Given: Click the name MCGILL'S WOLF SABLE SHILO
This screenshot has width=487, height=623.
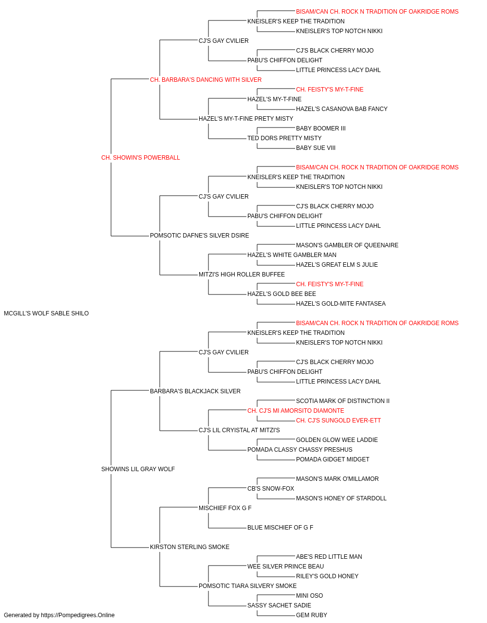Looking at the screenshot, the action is [x=46, y=313].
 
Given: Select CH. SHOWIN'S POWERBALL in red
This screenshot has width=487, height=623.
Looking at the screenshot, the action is [x=141, y=158].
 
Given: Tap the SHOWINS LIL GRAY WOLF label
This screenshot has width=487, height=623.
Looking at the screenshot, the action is [x=138, y=469].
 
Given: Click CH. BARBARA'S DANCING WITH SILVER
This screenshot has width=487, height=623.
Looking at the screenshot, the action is [x=206, y=80].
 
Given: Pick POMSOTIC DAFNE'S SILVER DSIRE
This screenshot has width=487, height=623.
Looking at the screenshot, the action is [x=199, y=236].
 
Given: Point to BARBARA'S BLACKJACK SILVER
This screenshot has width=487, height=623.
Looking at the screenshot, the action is [x=195, y=391].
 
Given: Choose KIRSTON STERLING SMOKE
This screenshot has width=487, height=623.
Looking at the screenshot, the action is [x=189, y=547].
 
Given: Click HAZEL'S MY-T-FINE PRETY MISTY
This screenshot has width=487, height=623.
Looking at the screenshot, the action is [x=246, y=119].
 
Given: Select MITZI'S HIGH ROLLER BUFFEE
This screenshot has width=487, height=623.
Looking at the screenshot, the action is [x=242, y=275].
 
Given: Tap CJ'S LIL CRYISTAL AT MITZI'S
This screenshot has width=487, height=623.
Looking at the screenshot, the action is [x=239, y=430].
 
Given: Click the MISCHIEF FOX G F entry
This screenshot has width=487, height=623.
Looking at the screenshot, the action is [x=225, y=508].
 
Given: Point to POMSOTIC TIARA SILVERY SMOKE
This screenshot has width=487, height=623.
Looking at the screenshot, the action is [x=247, y=586].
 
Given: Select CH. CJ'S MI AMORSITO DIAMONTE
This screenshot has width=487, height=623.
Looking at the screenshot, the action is [x=296, y=411].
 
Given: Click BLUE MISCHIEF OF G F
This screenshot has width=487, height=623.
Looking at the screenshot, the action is [x=280, y=528].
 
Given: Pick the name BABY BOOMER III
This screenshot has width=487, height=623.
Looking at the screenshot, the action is [x=320, y=128].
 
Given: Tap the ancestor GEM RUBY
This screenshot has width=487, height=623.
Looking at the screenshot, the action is [x=312, y=615].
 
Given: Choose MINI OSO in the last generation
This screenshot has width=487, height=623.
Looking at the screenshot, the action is [x=309, y=595].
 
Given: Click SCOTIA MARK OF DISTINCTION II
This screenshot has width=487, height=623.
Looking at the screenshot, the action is [x=343, y=401].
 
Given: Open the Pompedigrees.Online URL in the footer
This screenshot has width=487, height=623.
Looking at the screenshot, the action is [x=78, y=615].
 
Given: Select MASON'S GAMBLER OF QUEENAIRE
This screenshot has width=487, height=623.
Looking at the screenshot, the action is [x=347, y=245].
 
